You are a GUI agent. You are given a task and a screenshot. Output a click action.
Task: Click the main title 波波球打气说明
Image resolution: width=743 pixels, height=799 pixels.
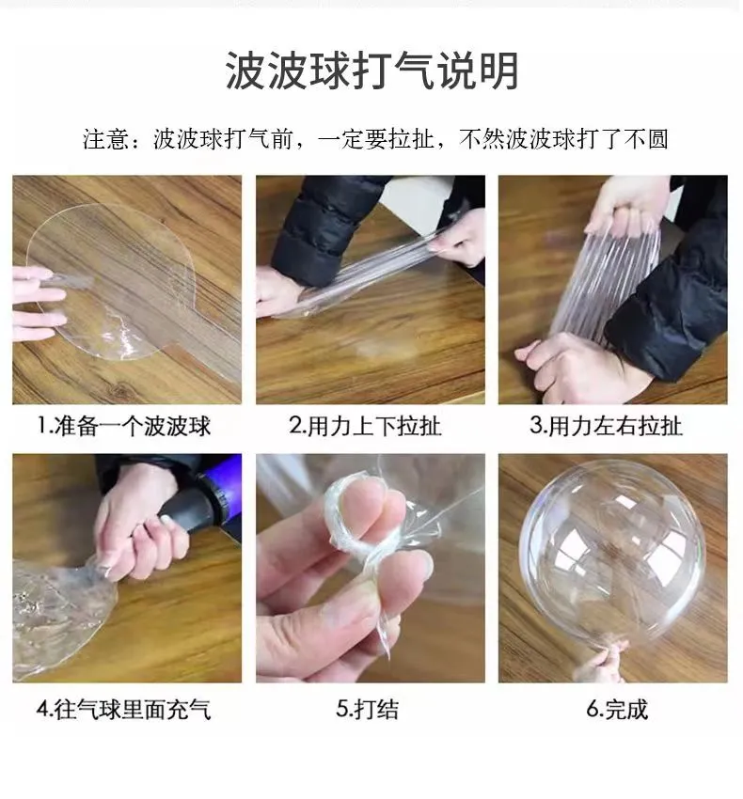point(371,70)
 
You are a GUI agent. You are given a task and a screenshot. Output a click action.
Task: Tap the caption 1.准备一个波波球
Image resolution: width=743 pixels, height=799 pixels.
point(124,426)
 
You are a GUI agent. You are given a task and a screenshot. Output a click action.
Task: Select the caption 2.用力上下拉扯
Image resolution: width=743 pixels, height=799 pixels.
point(365,426)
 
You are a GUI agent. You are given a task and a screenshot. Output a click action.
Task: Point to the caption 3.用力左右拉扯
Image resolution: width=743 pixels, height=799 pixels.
point(606,426)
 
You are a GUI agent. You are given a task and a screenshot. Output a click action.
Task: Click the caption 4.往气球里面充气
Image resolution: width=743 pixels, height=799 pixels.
point(123,710)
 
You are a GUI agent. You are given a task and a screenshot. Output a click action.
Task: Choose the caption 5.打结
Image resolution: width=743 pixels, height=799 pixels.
point(367,710)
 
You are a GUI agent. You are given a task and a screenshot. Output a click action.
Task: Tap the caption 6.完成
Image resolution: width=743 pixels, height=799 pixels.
point(617,710)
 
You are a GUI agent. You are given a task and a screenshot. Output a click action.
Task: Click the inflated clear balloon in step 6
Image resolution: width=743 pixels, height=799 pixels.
point(612,553)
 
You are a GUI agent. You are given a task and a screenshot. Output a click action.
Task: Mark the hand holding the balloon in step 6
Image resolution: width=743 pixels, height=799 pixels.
point(602,662)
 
